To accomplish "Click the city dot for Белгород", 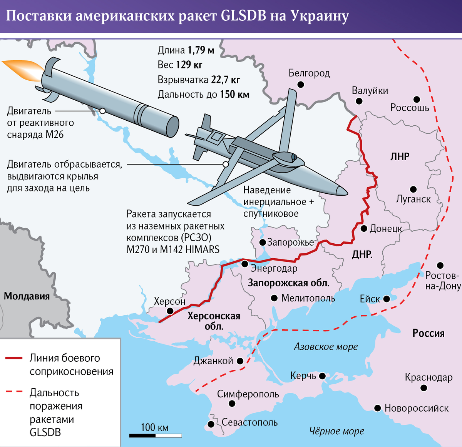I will (301, 85).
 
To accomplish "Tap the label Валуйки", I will (370, 91).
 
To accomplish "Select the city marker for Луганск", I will (413, 189).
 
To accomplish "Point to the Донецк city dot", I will (364, 229).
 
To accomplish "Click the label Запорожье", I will (291, 243).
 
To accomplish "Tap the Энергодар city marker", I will (244, 264).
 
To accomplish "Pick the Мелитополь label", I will (308, 298).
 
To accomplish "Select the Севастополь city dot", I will (211, 424).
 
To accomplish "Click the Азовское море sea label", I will (326, 347).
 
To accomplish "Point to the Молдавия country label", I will (27, 296).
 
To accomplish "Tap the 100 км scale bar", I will (155, 435).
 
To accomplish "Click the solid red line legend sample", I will (14, 358).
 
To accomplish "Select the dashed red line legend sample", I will (14, 392).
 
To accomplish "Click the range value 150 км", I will (234, 95).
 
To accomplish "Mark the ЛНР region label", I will (400, 156).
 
